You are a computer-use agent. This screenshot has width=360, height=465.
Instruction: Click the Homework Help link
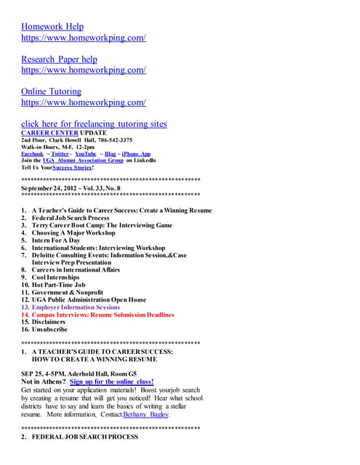[x=52, y=27]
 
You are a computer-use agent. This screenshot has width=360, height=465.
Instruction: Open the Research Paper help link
[x=59, y=60]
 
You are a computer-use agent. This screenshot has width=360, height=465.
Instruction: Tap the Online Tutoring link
[x=51, y=92]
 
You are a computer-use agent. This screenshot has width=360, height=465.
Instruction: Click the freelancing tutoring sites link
[x=94, y=124]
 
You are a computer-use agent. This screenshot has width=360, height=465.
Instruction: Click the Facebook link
[x=33, y=154]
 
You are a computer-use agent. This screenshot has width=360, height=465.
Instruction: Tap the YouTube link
[x=85, y=154]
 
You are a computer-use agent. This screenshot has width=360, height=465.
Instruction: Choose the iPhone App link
[x=136, y=154]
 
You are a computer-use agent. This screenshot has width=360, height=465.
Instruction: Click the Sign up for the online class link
[x=112, y=381]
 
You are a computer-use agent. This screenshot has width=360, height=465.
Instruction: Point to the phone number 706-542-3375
[x=109, y=140]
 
